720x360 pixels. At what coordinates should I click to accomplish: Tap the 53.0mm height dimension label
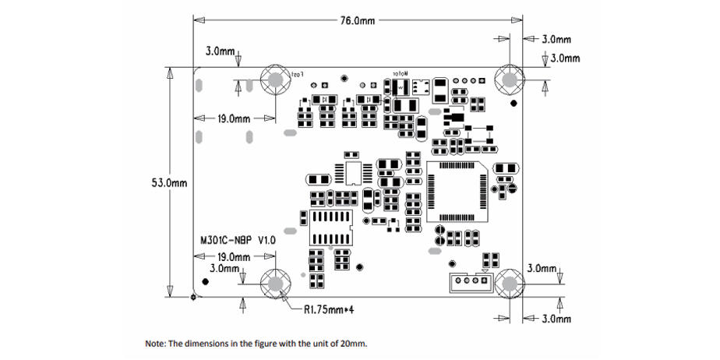pos(168,183)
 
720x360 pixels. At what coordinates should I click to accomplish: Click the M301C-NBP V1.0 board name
pos(238,242)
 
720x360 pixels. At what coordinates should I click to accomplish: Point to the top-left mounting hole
pos(274,79)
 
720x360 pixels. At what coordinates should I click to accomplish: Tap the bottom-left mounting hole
pos(274,284)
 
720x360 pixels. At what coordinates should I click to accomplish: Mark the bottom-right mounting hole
pos(510,284)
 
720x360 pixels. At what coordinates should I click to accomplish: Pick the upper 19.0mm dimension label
pos(234,119)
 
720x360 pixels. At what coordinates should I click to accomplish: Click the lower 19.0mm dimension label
pos(234,256)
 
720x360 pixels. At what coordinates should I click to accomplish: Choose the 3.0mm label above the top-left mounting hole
pos(221,51)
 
